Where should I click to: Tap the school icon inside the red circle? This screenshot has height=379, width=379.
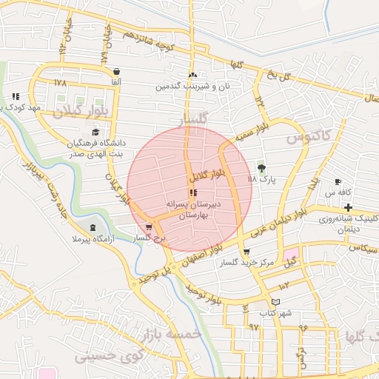pyautogui.click(x=193, y=192)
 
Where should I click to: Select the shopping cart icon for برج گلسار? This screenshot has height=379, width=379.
pyautogui.click(x=150, y=228)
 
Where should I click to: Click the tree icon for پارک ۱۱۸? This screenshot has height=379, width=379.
pyautogui.click(x=260, y=167)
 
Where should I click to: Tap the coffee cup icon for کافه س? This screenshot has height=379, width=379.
pyautogui.click(x=338, y=182)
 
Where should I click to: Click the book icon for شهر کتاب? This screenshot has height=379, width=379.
pyautogui.click(x=276, y=302)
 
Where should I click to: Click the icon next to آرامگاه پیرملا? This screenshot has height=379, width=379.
pyautogui.click(x=93, y=228)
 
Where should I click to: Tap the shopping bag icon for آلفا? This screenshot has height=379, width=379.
pyautogui.click(x=115, y=71)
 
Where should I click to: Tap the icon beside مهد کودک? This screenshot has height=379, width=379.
pyautogui.click(x=16, y=96)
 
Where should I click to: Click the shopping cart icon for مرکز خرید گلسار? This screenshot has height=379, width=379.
pyautogui.click(x=246, y=252)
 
